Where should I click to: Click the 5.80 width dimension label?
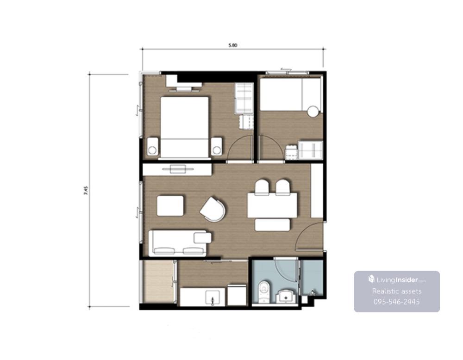click(233, 45)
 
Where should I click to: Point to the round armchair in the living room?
click(213, 209)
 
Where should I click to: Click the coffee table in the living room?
click(170, 205)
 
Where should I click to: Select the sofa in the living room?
click(180, 243)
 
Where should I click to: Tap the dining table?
click(272, 205)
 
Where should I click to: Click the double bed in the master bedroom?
click(185, 127)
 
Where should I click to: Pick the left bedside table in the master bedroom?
click(152, 147)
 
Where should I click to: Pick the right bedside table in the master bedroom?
click(216, 147)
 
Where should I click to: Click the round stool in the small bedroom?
click(313, 112)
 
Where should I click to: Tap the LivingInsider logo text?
click(397, 279)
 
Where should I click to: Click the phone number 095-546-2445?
click(397, 302)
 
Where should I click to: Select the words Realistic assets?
click(397, 291)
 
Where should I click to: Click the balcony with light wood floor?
click(158, 281)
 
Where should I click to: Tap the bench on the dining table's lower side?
click(272, 225)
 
